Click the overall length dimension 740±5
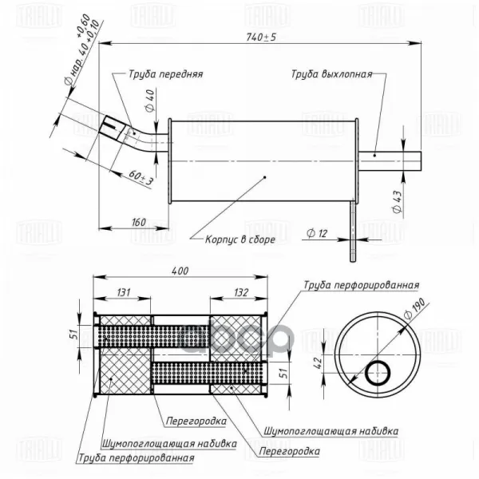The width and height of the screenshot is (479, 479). pos(261,37)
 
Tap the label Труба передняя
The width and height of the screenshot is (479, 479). pos(165,74)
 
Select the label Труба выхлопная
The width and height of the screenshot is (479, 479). pos(331,74)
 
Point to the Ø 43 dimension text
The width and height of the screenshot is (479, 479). pos(397,202)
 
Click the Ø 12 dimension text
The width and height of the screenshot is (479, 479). pos(317,234)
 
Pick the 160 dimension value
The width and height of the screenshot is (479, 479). pos(139,222)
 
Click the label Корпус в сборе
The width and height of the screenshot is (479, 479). pos(240,239)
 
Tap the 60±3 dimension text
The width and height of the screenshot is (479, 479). pos(141,177)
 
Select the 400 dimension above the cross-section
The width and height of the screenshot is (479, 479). pos(180,271)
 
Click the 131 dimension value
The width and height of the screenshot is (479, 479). pos(124,292)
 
